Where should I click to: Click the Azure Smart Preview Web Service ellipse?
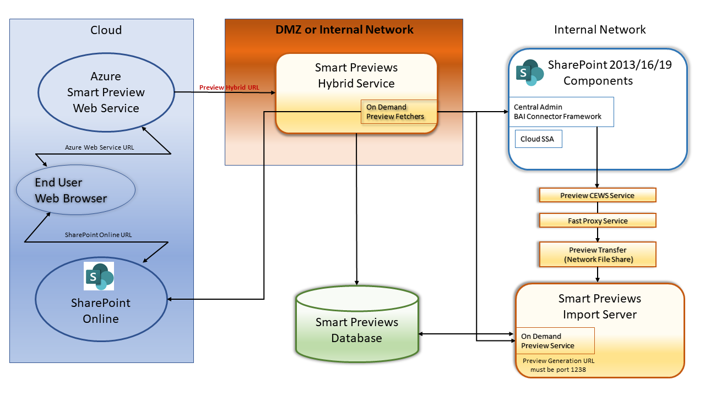[x=106, y=92]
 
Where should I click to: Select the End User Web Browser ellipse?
[x=75, y=190]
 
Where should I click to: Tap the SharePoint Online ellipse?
[x=101, y=311]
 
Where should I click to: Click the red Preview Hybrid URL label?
[x=229, y=87]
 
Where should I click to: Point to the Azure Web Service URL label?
[x=99, y=147]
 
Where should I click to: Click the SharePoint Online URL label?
[x=98, y=235]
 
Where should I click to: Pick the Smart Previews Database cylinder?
[x=356, y=330]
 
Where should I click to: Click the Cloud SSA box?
[x=538, y=139]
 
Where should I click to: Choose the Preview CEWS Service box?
[x=597, y=195]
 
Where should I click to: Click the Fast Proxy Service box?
[x=598, y=221]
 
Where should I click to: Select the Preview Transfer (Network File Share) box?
[x=598, y=255]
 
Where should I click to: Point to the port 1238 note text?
[x=558, y=366]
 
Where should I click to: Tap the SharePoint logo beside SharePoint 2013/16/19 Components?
[x=529, y=73]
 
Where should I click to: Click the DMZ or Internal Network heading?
[x=344, y=30]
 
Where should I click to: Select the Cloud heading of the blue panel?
[x=106, y=30]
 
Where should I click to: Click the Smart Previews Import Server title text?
[x=599, y=306]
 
